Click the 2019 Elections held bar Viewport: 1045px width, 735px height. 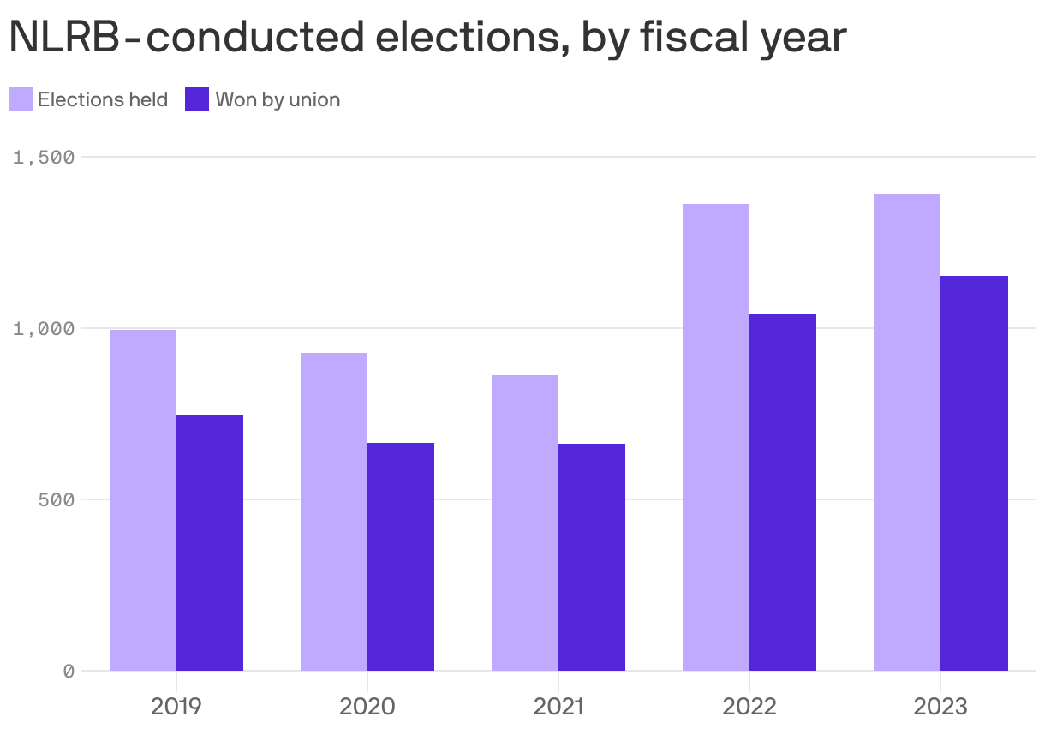tap(143, 500)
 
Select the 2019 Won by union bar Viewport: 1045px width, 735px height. tap(210, 543)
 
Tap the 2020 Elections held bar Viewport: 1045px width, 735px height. tap(334, 511)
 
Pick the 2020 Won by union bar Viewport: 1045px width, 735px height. tap(401, 557)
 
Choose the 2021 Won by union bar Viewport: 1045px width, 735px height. tap(592, 557)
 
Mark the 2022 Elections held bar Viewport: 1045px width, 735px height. tap(716, 437)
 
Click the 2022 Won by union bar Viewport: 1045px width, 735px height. tap(783, 492)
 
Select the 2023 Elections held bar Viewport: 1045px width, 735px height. tap(907, 432)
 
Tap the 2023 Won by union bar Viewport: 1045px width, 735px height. tap(974, 473)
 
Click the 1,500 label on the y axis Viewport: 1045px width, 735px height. tap(44, 157)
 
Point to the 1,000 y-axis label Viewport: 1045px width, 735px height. tap(44, 328)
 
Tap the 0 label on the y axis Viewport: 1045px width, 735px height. tap(69, 671)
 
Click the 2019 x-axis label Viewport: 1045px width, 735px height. tap(176, 707)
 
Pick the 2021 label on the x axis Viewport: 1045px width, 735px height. tap(558, 707)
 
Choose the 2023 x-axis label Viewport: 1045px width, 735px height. tap(940, 707)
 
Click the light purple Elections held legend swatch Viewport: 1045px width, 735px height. tap(21, 99)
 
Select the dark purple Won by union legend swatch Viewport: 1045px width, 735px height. tap(197, 99)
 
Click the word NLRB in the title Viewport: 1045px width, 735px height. tap(65, 37)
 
